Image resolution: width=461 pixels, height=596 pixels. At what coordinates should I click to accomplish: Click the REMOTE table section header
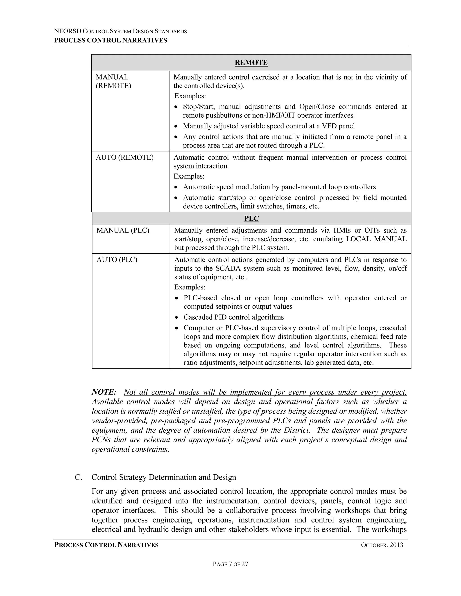tap(251, 63)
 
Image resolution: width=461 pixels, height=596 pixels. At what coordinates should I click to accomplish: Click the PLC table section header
tap(251, 219)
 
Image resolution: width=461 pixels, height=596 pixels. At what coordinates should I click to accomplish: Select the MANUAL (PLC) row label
tap(123, 230)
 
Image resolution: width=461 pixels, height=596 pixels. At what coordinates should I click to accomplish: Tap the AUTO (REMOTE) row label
tap(124, 157)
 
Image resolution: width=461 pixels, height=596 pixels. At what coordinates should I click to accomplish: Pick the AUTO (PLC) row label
tap(117, 260)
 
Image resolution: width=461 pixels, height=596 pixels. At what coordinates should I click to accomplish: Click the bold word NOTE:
tap(104, 392)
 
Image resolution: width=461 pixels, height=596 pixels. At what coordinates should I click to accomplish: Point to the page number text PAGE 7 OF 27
tap(230, 564)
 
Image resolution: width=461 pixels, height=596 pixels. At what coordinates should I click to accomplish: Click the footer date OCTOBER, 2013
tap(382, 545)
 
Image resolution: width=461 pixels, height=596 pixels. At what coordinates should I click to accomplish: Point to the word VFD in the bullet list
tap(329, 126)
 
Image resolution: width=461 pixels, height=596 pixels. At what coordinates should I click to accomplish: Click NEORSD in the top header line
tap(68, 31)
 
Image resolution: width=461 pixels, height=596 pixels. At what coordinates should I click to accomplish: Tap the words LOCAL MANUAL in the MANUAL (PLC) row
tap(376, 239)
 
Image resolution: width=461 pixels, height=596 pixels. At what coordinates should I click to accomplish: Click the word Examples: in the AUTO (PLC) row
tap(190, 287)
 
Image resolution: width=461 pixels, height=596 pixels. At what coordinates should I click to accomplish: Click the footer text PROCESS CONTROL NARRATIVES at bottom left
tap(106, 545)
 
